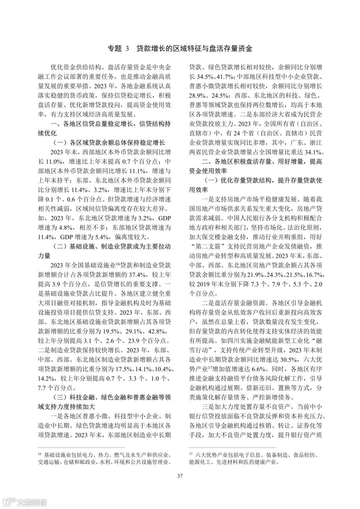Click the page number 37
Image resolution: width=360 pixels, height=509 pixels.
click(180, 476)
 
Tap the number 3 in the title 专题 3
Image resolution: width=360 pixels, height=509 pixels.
click(127, 49)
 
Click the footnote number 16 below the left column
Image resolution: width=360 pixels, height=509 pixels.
click(39, 454)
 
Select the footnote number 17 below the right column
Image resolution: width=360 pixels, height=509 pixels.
click(191, 454)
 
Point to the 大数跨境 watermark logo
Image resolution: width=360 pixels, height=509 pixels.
click(25, 502)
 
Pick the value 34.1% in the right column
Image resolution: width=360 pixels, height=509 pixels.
click(312, 152)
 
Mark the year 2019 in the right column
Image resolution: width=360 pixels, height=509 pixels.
click(202, 284)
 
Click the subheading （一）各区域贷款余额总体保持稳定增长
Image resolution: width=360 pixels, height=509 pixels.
click(109, 143)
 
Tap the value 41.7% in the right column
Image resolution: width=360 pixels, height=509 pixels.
click(225, 77)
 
